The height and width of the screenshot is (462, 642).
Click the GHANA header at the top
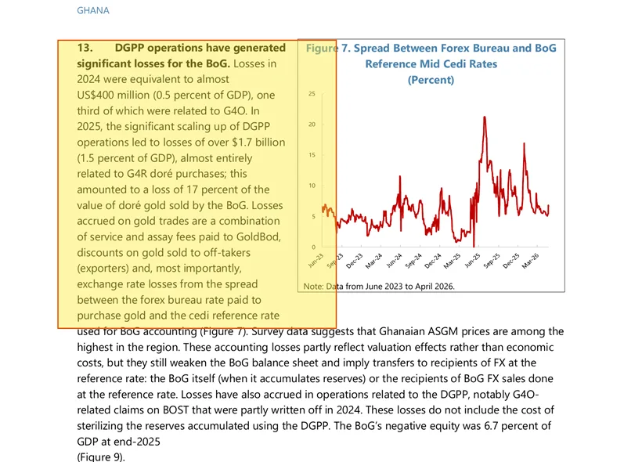pyautogui.click(x=93, y=11)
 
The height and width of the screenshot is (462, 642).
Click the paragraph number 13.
pyautogui.click(x=85, y=48)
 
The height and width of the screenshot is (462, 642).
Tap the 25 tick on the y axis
pyautogui.click(x=312, y=94)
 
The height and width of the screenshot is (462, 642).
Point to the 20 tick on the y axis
pyautogui.click(x=312, y=125)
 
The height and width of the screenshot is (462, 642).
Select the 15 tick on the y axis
pyautogui.click(x=312, y=155)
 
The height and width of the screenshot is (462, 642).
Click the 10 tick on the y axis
pyautogui.click(x=312, y=186)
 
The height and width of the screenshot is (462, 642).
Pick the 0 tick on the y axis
pyautogui.click(x=314, y=247)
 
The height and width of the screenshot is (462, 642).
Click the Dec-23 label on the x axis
pyautogui.click(x=355, y=261)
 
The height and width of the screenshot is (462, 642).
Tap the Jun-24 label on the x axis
pyautogui.click(x=395, y=261)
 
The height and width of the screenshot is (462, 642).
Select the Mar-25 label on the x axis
pyautogui.click(x=452, y=261)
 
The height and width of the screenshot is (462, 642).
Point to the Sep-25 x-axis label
pyautogui.click(x=492, y=261)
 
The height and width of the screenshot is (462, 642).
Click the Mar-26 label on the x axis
pyautogui.click(x=531, y=261)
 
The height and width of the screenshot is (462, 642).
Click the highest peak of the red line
pyautogui.click(x=485, y=117)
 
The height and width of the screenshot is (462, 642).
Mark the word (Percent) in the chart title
pyautogui.click(x=431, y=80)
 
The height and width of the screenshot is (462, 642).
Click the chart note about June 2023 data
pyautogui.click(x=379, y=287)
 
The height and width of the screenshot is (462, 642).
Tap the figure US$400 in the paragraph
pyautogui.click(x=92, y=95)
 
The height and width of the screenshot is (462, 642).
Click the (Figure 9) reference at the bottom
pyautogui.click(x=101, y=457)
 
